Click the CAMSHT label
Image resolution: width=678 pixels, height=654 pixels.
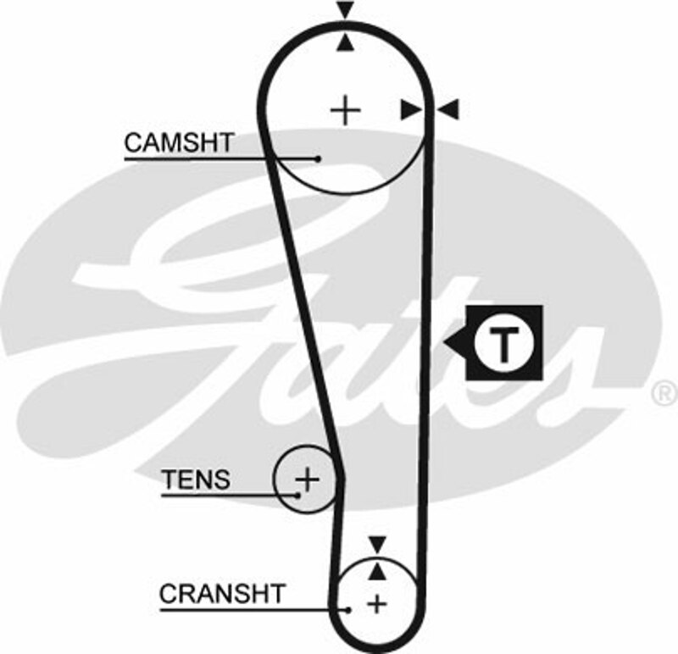(179, 142)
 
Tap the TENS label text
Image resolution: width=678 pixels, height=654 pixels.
(196, 479)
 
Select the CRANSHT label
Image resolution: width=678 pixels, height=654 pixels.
(222, 594)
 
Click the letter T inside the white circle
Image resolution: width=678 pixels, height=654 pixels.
(503, 344)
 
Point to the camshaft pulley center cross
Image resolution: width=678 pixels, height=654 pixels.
(345, 111)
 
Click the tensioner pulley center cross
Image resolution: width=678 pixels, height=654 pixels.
(307, 479)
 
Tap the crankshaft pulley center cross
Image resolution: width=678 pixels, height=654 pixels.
(377, 604)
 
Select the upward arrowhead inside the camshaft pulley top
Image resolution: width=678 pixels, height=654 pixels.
(346, 43)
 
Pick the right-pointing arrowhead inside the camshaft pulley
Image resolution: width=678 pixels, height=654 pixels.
(411, 110)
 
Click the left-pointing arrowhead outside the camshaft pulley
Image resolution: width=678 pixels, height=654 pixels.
(447, 109)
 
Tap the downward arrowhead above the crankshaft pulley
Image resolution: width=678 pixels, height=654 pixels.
(377, 544)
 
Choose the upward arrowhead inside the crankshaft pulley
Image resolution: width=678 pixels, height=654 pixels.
(377, 572)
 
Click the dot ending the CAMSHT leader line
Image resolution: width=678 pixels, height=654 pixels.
(319, 159)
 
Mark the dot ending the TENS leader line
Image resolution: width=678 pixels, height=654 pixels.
(297, 496)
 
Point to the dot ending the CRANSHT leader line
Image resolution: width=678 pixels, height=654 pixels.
(348, 610)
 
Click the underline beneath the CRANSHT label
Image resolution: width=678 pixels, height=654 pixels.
(253, 610)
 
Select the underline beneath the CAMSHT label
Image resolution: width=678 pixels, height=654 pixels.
(221, 159)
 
